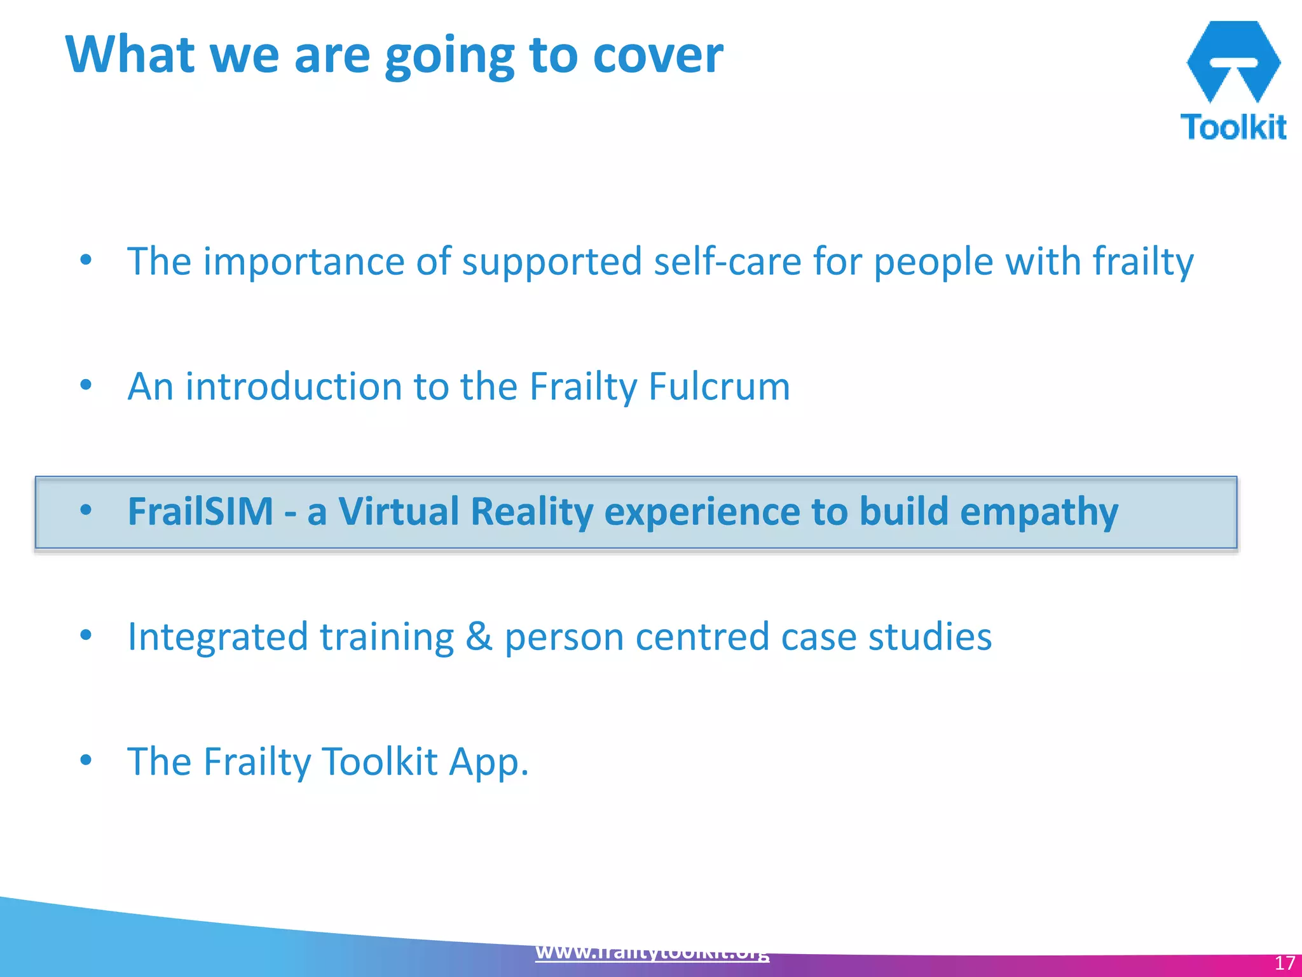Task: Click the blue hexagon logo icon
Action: (x=1233, y=61)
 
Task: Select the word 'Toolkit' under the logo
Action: (x=1233, y=127)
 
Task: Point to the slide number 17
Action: (x=1284, y=963)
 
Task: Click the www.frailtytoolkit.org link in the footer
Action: (x=652, y=952)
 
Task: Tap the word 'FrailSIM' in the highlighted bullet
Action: (x=200, y=511)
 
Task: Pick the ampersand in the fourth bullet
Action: (x=479, y=637)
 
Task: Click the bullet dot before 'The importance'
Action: (x=86, y=260)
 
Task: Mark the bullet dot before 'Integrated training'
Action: (x=86, y=635)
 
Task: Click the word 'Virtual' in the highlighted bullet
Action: (x=399, y=511)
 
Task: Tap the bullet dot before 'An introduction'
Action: (x=86, y=385)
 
